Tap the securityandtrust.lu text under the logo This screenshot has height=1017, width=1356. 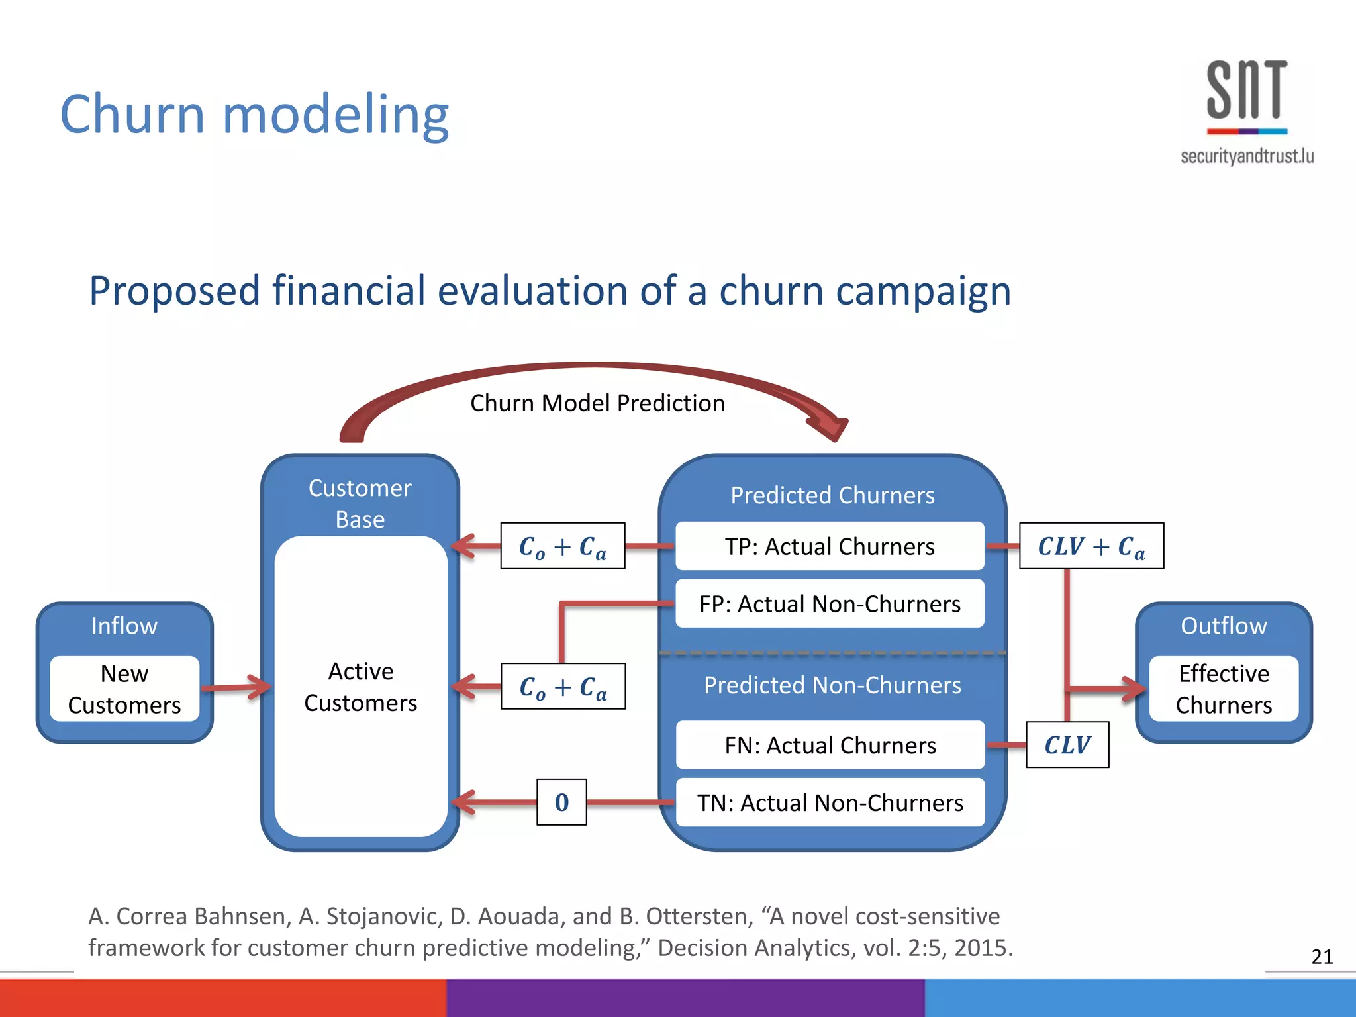[x=1247, y=156]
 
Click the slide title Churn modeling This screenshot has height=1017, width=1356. [x=254, y=114]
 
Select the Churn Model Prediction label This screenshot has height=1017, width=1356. [x=597, y=403]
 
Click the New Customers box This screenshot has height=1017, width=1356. [x=124, y=689]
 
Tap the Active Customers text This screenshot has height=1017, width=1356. [x=361, y=687]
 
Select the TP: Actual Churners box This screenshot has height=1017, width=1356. [x=830, y=546]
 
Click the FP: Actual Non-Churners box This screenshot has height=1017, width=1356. [x=830, y=604]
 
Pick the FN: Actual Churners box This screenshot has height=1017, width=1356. [x=830, y=746]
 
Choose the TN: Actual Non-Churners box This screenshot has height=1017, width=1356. [x=830, y=802]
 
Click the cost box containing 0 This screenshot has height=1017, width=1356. [x=561, y=802]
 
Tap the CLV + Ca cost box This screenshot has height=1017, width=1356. [x=1091, y=546]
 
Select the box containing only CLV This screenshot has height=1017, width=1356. [x=1067, y=745]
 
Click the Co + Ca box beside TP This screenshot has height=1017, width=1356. [x=563, y=546]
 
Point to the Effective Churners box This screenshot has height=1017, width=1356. [x=1224, y=689]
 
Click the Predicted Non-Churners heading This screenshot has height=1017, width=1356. [x=832, y=685]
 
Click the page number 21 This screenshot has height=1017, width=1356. [x=1322, y=956]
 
